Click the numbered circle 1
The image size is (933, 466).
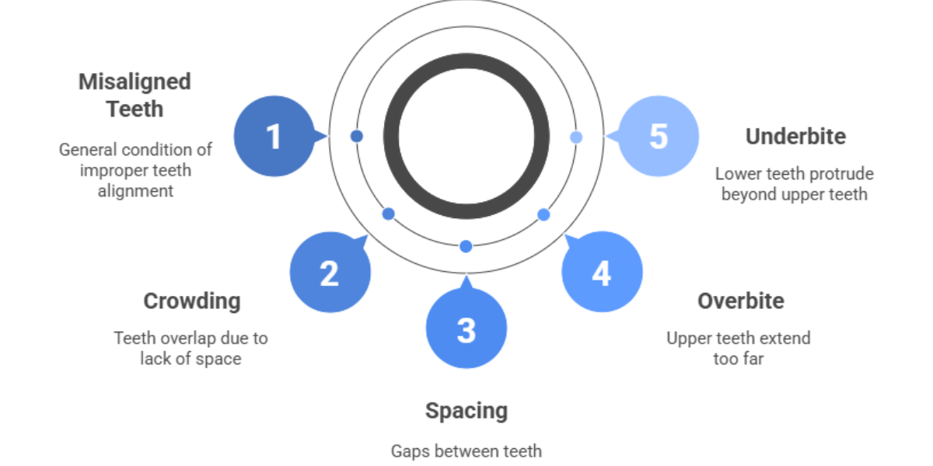point(274,136)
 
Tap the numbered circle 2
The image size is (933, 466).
point(330,273)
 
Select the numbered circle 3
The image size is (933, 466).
point(466,329)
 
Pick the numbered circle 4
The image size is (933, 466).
point(602,273)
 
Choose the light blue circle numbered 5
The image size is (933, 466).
point(658,136)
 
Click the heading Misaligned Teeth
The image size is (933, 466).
point(135,95)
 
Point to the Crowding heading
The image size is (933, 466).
point(192,301)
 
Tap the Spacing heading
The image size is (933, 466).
point(466,410)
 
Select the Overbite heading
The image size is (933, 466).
point(740,301)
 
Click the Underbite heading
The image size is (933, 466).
point(795,136)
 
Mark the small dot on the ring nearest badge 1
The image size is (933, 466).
point(357,136)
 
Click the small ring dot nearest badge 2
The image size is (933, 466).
point(389,214)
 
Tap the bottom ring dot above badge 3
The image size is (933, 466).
point(466,246)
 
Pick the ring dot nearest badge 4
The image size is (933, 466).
point(543,214)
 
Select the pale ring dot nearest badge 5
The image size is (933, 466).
point(576,137)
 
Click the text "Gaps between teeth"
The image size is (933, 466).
point(466,450)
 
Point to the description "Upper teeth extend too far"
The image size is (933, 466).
point(738,349)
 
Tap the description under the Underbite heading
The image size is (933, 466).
point(794,184)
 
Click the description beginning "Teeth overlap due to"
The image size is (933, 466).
point(190,349)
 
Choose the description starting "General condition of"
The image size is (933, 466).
point(135,169)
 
